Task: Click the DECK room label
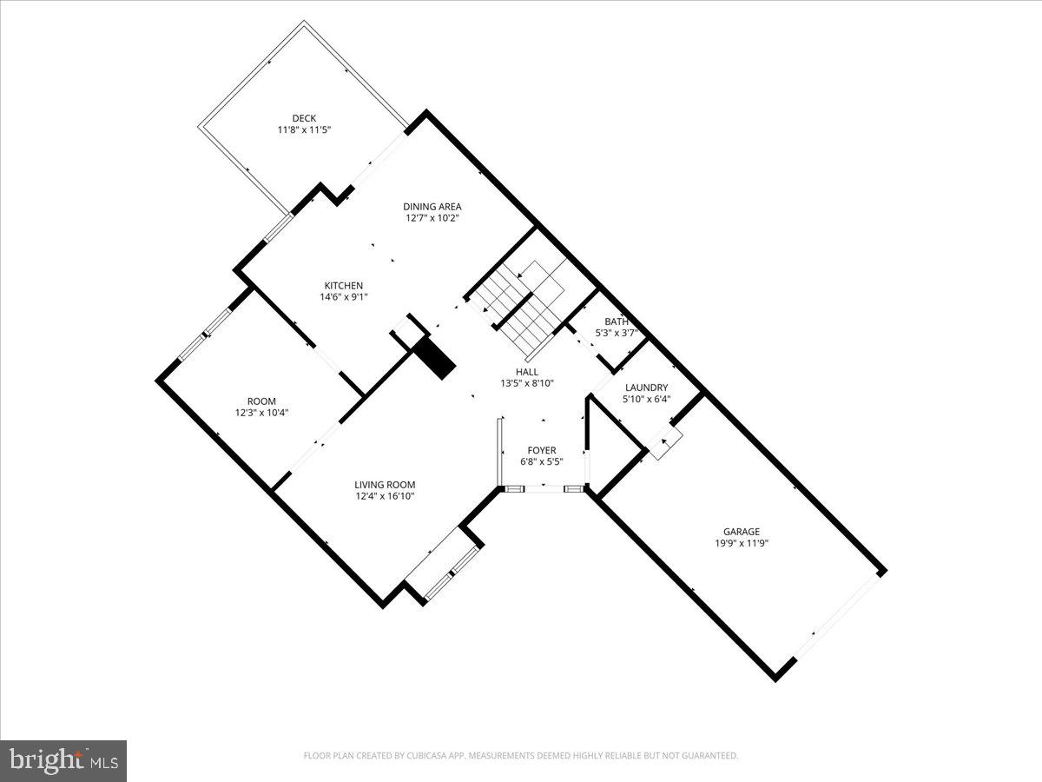[x=304, y=118]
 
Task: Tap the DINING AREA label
[x=432, y=206]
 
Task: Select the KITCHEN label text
[x=344, y=285]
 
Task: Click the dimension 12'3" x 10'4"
[x=261, y=413]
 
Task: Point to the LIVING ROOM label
[x=385, y=485]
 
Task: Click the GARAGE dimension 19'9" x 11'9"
[x=742, y=543]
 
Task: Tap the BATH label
[x=617, y=321]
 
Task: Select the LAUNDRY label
[x=645, y=388]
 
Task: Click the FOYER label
[x=542, y=450]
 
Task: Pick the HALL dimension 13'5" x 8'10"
[x=527, y=383]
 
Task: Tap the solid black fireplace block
[x=434, y=357]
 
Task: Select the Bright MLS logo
[x=63, y=761]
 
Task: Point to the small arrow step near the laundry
[x=664, y=444]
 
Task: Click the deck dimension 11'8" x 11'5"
[x=304, y=129]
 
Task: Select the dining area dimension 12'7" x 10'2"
[x=432, y=218]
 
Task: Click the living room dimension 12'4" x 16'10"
[x=385, y=497]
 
